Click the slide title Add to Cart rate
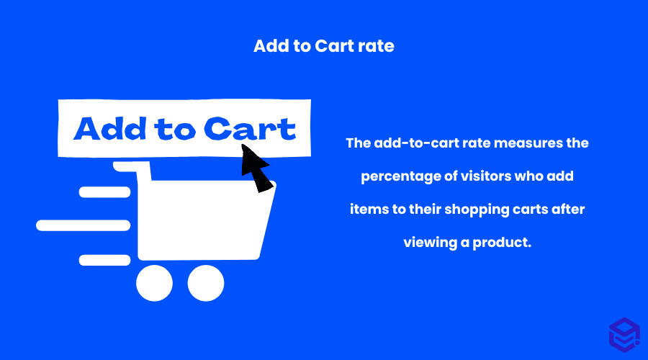click(323, 46)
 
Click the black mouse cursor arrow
click(256, 167)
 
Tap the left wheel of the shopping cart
click(155, 283)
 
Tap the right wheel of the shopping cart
click(206, 283)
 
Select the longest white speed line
click(83, 225)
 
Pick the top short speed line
click(104, 192)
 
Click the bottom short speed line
click(104, 260)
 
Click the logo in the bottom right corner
click(624, 335)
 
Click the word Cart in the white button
click(250, 129)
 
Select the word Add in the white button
click(110, 129)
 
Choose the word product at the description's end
click(502, 243)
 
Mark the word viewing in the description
click(431, 243)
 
